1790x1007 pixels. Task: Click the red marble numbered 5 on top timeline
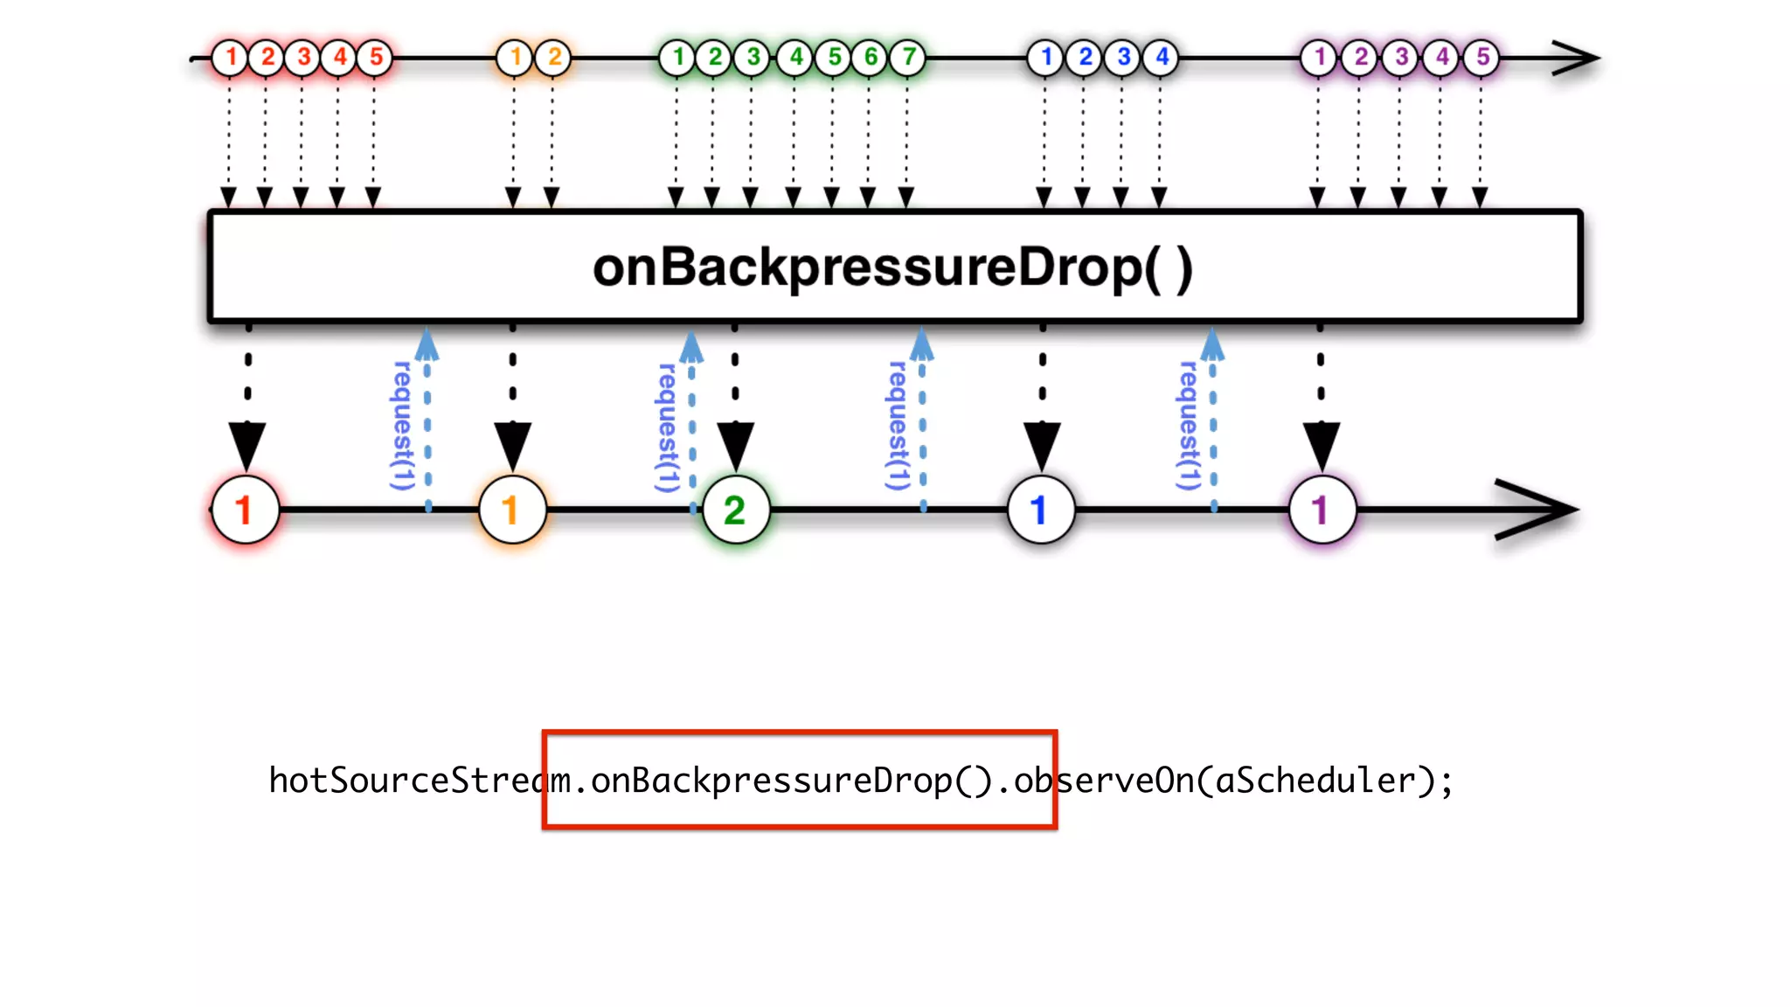pyautogui.click(x=376, y=58)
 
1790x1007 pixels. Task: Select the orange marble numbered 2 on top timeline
pyautogui.click(x=554, y=58)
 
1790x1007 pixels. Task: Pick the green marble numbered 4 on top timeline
pyautogui.click(x=795, y=58)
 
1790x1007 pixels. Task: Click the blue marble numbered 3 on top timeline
pyautogui.click(x=1123, y=58)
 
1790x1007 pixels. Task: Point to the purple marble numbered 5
pyautogui.click(x=1482, y=58)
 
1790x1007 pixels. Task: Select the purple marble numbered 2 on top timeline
pyautogui.click(x=1360, y=58)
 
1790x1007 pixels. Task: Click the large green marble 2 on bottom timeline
pyautogui.click(x=735, y=510)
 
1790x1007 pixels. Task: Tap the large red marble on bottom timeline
pyautogui.click(x=245, y=510)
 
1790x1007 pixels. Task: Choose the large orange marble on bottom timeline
pyautogui.click(x=512, y=510)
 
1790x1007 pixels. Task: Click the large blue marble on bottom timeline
pyautogui.click(x=1040, y=510)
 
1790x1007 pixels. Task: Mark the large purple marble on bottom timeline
pyautogui.click(x=1322, y=510)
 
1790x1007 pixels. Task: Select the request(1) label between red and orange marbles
pyautogui.click(x=401, y=426)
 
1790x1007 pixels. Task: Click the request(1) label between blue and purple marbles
pyautogui.click(x=1188, y=426)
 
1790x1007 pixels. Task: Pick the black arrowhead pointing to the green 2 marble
pyautogui.click(x=736, y=444)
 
